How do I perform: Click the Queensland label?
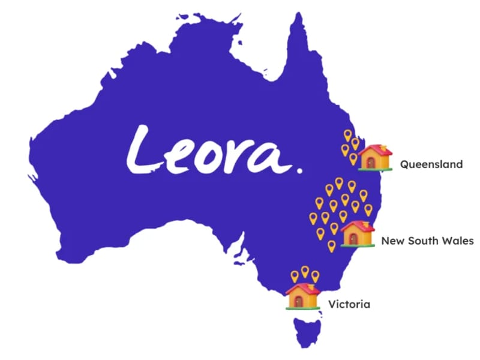tap(431, 164)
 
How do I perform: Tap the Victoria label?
tap(349, 304)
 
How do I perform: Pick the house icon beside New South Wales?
tap(358, 233)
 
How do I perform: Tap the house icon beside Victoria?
tap(302, 295)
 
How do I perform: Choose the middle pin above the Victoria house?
tap(305, 272)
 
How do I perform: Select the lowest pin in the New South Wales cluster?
tap(331, 245)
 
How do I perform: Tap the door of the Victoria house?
tap(298, 301)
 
